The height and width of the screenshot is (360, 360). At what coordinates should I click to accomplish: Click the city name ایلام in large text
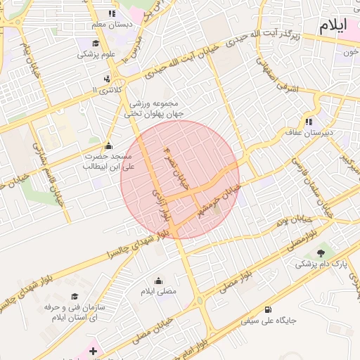click(333, 27)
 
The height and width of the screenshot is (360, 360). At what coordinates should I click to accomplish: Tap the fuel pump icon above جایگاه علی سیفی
click(268, 309)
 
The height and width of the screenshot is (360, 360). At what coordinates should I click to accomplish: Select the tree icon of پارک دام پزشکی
click(321, 252)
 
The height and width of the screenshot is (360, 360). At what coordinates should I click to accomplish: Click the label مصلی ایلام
click(160, 291)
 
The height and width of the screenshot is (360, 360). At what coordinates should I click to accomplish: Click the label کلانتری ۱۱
click(108, 90)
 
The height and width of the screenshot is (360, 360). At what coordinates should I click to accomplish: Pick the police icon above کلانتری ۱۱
click(107, 78)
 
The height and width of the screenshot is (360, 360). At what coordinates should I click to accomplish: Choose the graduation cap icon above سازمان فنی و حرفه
click(75, 296)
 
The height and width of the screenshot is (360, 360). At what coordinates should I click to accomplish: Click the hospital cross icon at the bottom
click(93, 349)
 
